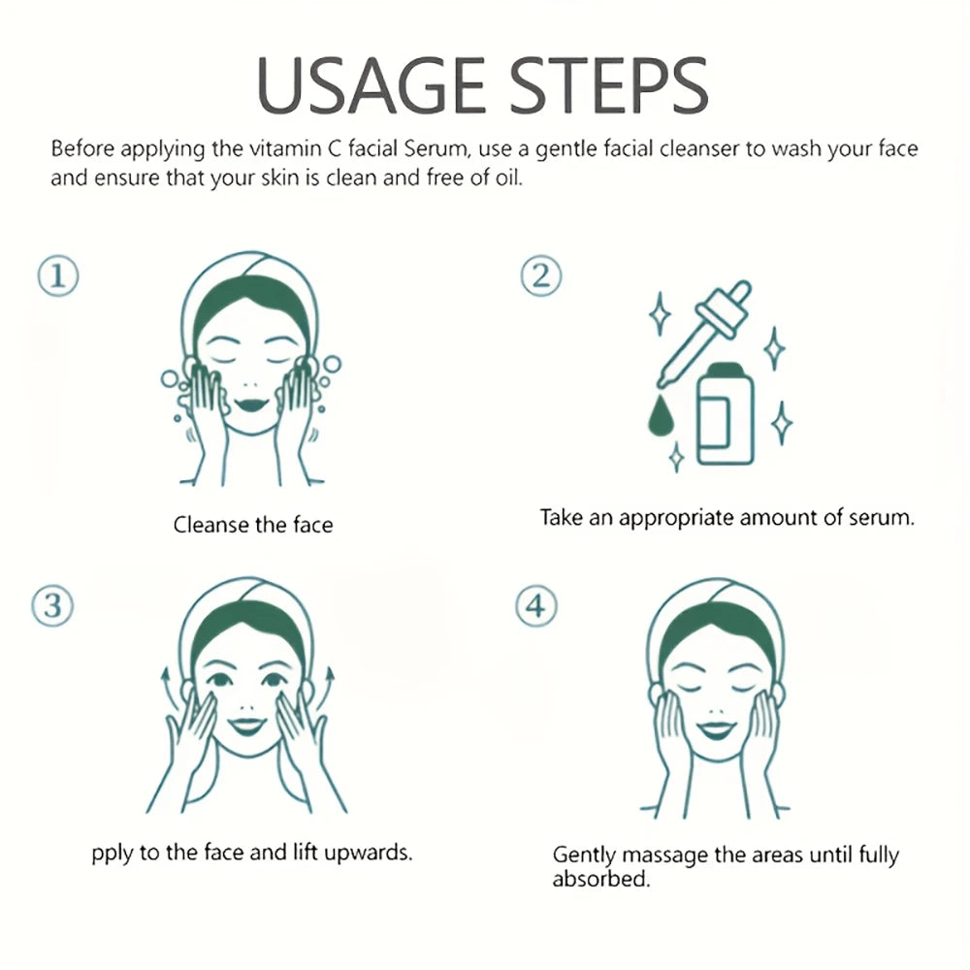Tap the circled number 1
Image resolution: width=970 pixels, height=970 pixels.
tap(57, 276)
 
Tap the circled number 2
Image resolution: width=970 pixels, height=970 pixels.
tap(540, 276)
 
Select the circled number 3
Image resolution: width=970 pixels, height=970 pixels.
tap(53, 607)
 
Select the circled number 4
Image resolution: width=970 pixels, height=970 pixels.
tap(536, 607)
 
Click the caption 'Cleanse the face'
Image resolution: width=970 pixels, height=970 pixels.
tap(252, 526)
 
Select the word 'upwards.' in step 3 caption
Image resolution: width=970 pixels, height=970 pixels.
tap(372, 853)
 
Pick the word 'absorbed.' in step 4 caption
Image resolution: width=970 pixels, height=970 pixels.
tap(599, 880)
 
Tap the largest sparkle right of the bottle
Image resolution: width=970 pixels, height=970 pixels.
tap(781, 423)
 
